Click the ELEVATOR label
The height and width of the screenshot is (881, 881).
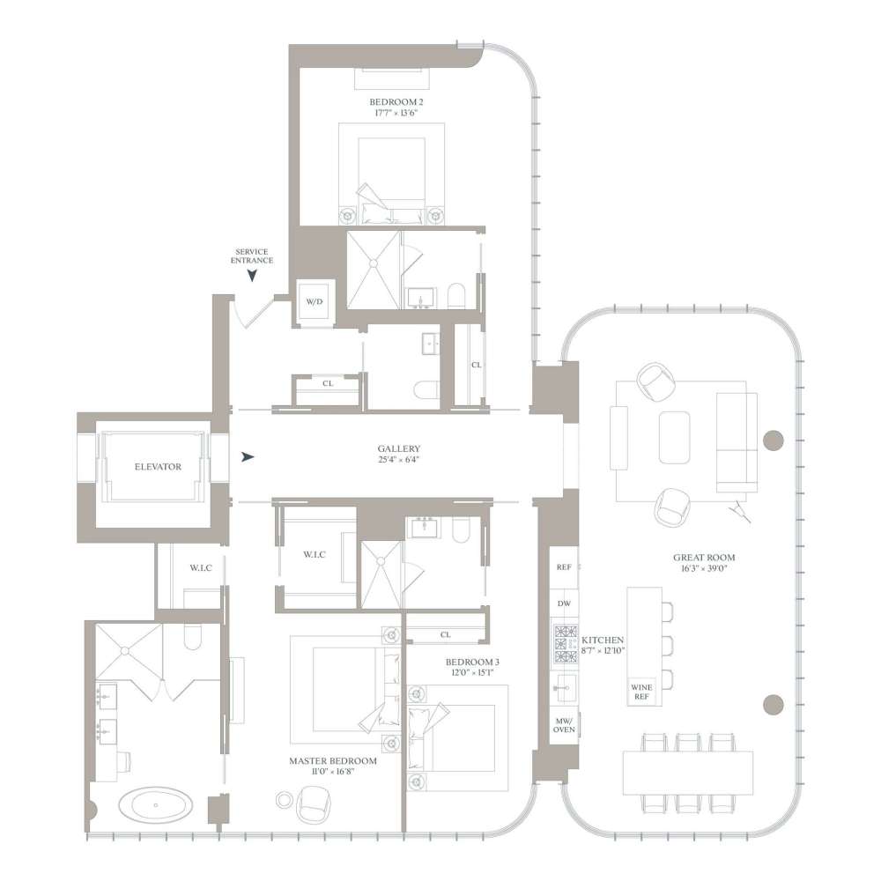click(159, 467)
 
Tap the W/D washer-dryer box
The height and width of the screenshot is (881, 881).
click(315, 302)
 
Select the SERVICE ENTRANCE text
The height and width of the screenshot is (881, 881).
click(252, 256)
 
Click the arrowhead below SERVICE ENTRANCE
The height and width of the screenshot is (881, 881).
click(252, 276)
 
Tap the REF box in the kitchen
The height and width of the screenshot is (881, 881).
click(565, 568)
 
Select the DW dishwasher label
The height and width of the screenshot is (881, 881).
click(565, 603)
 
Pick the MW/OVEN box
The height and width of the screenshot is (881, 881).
click(564, 725)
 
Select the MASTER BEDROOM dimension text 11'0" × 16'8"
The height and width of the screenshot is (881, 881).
click(333, 773)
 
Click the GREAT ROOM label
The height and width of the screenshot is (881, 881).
click(704, 557)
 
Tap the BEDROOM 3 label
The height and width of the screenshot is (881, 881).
click(472, 662)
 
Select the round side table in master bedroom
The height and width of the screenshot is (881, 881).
click(284, 800)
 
